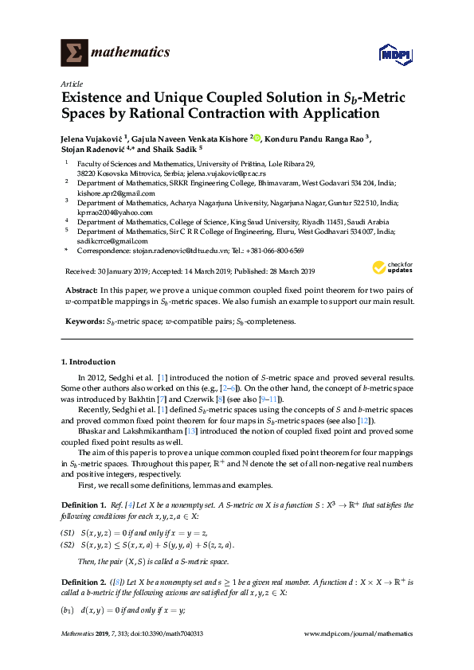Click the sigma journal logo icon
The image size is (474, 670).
point(75,53)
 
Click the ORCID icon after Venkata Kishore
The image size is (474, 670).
point(257,137)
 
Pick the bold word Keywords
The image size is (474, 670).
point(83,321)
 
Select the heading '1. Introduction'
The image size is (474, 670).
point(88,361)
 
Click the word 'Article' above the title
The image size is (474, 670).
point(72,84)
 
